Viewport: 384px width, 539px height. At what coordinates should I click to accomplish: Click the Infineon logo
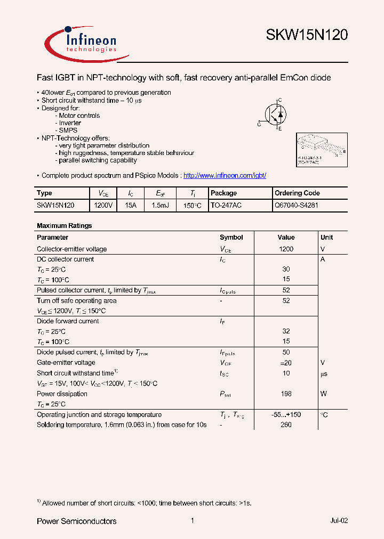[86, 43]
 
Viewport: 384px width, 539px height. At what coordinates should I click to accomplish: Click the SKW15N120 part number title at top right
[307, 36]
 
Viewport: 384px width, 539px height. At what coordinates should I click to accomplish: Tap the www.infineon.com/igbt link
[224, 175]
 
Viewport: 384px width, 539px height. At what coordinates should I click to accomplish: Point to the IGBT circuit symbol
[275, 113]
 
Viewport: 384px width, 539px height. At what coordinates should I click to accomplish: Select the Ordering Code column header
[297, 193]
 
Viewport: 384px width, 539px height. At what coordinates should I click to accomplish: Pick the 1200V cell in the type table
[103, 205]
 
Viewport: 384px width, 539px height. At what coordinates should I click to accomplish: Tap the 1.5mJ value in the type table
[160, 205]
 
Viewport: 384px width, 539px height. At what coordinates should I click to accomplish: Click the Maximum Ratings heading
[64, 226]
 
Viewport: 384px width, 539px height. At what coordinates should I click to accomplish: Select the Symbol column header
[231, 238]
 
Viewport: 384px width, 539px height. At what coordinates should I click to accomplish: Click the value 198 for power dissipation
[286, 394]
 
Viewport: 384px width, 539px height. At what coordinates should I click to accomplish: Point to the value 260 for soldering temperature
[286, 425]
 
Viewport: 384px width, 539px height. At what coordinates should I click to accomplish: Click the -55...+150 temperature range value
[286, 415]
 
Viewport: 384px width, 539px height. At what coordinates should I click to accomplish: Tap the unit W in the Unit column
[323, 394]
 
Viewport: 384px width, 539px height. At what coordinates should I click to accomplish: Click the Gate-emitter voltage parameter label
[66, 363]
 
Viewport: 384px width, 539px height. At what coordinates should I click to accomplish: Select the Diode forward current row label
[68, 321]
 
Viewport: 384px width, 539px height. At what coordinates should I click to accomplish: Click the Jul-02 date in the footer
[339, 521]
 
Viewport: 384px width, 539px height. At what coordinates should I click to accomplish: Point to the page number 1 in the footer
[192, 521]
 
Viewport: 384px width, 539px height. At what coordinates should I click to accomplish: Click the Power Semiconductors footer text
[76, 521]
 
